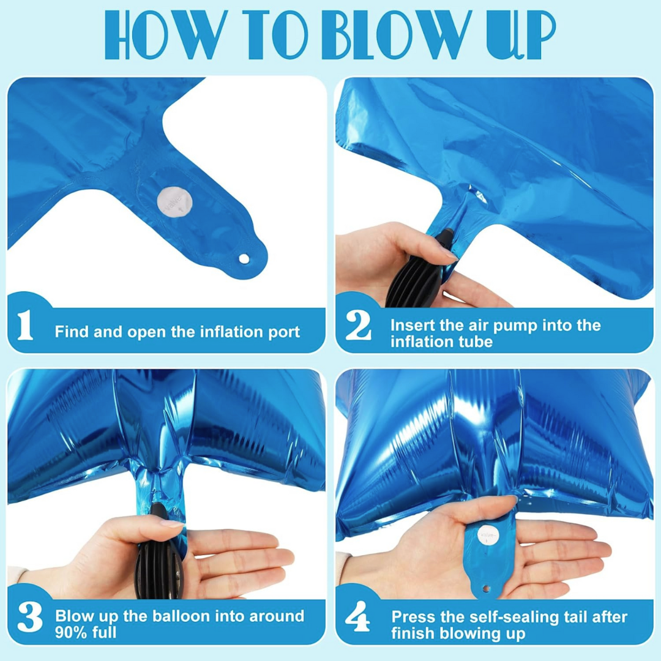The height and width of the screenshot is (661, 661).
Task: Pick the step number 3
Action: click(30, 617)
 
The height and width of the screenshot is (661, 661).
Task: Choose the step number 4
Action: click(357, 616)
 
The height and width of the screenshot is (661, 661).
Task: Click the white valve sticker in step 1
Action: click(174, 203)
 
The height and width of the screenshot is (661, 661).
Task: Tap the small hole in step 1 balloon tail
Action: click(244, 259)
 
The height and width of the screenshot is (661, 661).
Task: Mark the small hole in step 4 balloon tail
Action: click(486, 589)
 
